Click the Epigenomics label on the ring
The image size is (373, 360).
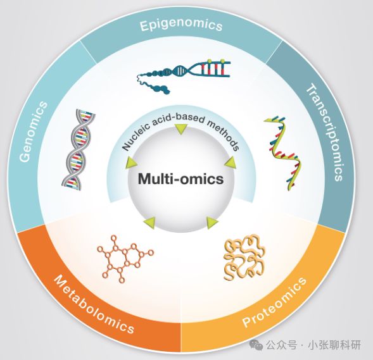tap(181, 25)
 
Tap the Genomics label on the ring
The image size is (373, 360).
tap(34, 132)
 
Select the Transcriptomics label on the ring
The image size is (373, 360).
tap(325, 133)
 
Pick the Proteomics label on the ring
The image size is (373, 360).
tap(274, 302)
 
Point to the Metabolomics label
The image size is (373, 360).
tap(94, 304)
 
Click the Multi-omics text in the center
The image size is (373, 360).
tap(180, 178)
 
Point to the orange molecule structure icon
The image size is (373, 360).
tap(125, 259)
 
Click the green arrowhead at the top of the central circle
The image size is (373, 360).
tap(180, 129)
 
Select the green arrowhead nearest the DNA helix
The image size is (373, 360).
tap(131, 163)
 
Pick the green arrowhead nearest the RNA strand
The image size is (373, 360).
tap(231, 163)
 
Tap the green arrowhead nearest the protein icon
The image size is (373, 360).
tap(212, 223)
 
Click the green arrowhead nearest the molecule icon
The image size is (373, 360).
tap(149, 223)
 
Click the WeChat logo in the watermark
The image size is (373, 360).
tap(256, 344)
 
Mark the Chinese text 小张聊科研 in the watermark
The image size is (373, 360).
tap(334, 345)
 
